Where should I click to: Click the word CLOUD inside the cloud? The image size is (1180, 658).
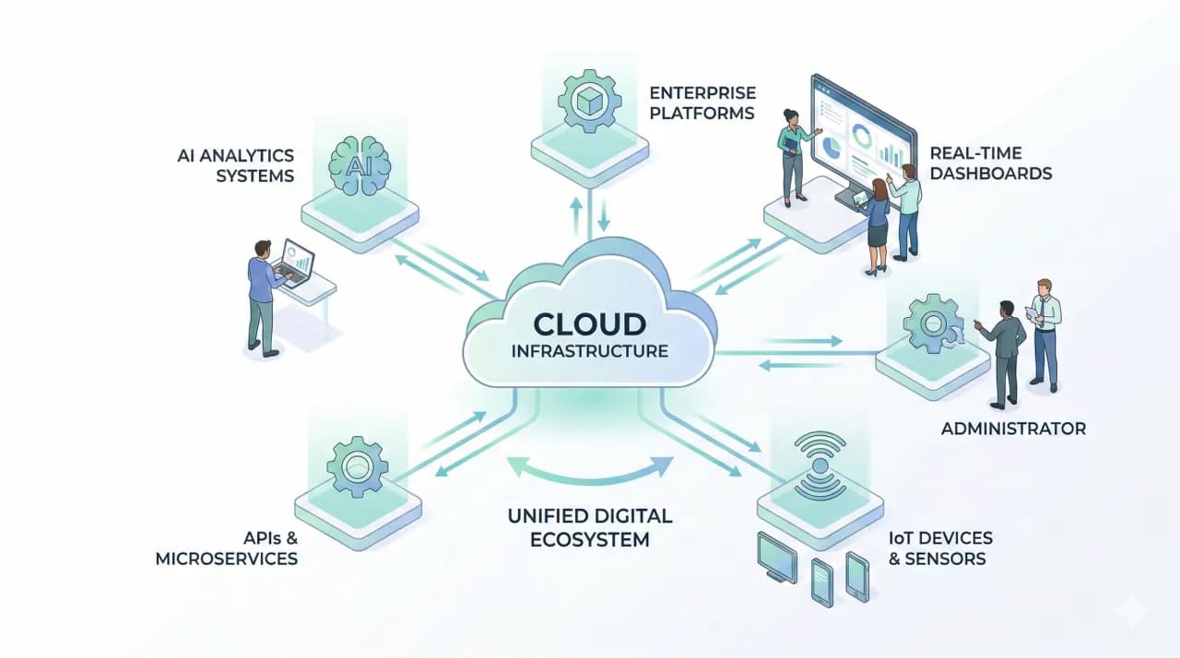click(589, 324)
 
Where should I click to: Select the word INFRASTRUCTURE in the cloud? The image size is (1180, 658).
click(590, 351)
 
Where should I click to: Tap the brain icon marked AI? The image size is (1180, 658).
click(360, 166)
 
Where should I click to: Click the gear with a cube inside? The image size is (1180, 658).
click(589, 101)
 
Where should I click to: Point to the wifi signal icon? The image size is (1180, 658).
click(820, 466)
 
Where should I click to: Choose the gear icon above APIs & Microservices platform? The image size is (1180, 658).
click(358, 467)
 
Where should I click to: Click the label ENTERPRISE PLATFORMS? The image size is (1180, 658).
click(702, 103)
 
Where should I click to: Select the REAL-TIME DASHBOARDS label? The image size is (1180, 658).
click(991, 163)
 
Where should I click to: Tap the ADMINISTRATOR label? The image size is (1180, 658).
click(1013, 429)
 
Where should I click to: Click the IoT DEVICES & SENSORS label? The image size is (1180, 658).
click(940, 548)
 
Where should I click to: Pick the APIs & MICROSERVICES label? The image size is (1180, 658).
click(227, 548)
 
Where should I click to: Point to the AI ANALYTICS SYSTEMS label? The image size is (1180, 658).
click(236, 165)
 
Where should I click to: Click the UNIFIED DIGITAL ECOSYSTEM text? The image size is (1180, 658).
click(590, 527)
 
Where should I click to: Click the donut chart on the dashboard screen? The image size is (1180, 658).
click(862, 135)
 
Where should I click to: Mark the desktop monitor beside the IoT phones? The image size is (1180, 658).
click(777, 557)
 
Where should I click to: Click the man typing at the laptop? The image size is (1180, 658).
click(265, 298)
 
